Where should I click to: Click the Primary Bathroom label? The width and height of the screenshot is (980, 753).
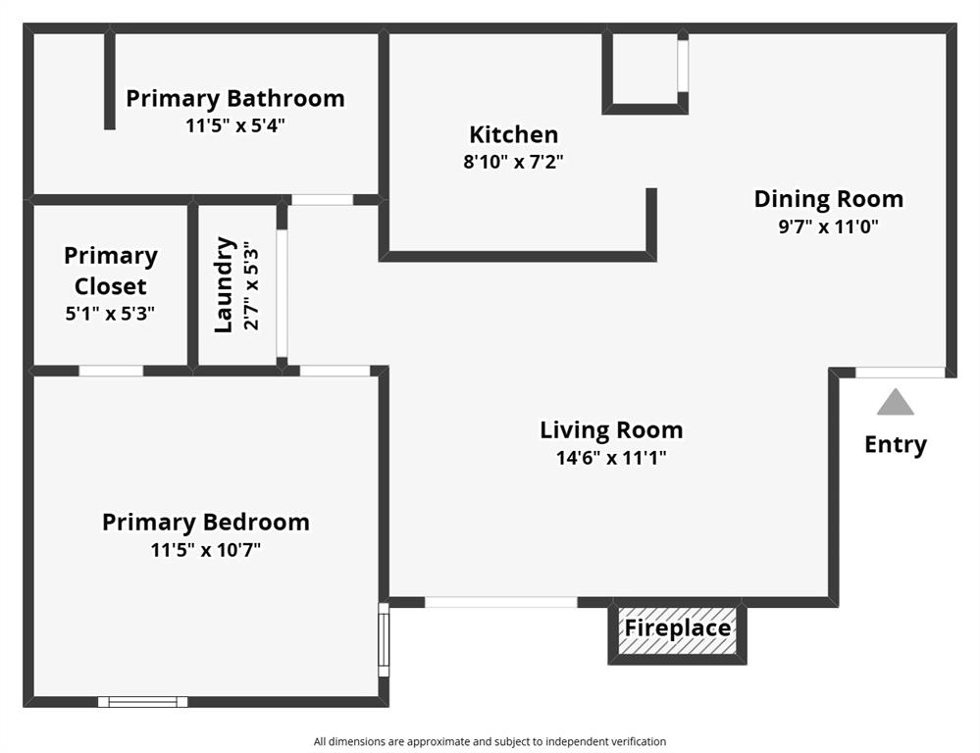click(x=235, y=99)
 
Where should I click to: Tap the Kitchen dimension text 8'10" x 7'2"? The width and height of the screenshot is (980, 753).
click(x=513, y=162)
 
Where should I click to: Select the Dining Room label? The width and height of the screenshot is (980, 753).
click(x=828, y=199)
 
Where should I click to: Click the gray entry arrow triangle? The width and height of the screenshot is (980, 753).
click(x=895, y=402)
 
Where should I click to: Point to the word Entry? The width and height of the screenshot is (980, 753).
click(x=895, y=445)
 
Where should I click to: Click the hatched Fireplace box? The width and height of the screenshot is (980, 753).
click(x=678, y=628)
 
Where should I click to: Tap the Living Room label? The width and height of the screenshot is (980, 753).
click(x=611, y=430)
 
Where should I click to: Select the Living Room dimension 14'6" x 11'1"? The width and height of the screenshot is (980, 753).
click(x=611, y=457)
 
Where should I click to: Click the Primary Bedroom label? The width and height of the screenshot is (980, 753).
click(x=206, y=523)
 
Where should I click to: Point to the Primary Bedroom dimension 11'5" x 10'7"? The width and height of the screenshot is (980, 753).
click(x=206, y=550)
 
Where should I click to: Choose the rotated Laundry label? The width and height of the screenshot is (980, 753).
click(x=225, y=284)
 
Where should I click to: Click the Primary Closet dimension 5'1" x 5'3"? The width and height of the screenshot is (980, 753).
click(x=110, y=314)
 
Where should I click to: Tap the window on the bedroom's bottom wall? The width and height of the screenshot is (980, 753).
click(x=142, y=701)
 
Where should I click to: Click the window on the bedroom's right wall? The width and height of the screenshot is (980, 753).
click(x=384, y=639)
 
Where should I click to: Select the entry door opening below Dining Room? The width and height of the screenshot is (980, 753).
click(x=900, y=373)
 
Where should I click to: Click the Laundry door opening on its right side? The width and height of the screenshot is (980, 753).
click(x=282, y=293)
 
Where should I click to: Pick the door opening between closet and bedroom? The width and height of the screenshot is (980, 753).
click(x=111, y=371)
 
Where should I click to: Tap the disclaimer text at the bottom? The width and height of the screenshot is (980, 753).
click(x=490, y=741)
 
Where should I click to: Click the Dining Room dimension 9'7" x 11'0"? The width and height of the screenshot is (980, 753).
click(x=828, y=226)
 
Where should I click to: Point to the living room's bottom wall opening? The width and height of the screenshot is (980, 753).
click(x=500, y=602)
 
